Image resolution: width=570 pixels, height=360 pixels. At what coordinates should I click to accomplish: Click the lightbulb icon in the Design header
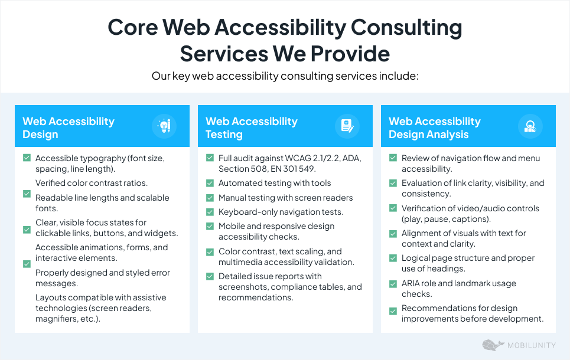coord(164,126)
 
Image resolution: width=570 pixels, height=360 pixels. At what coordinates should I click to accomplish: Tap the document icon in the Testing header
coord(347,126)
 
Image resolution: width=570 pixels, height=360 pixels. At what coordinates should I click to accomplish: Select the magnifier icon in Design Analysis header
coord(530,126)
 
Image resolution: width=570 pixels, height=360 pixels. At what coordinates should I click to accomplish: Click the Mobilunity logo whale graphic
coord(493,345)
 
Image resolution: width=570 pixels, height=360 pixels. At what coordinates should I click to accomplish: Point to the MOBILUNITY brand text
coord(532,345)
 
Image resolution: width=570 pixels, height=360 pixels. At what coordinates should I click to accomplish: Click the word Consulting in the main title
coord(406,27)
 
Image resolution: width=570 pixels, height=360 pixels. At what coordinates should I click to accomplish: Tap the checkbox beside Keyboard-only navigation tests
coord(210,212)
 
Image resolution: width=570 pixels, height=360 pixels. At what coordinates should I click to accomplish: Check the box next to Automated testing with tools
coord(210,183)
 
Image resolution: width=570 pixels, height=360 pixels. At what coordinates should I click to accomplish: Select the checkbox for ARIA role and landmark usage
coord(393,284)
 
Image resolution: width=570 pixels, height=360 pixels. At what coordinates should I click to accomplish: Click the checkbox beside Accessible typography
coord(27,158)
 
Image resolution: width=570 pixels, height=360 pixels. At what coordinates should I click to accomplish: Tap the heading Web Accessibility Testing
coord(252,128)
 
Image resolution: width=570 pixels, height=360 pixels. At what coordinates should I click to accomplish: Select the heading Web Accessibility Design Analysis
coord(434,128)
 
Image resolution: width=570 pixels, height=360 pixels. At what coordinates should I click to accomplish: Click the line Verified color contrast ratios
coord(92,183)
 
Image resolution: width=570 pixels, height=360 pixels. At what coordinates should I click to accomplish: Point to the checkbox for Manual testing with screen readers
coord(210,198)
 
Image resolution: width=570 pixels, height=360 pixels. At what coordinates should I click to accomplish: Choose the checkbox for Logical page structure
coord(393,258)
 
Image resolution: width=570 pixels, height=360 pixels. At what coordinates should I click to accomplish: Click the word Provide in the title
coord(350,54)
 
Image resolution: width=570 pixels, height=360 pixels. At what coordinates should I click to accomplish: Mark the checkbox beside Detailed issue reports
coord(210,276)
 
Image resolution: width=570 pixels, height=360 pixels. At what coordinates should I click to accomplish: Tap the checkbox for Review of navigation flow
coord(393,158)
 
